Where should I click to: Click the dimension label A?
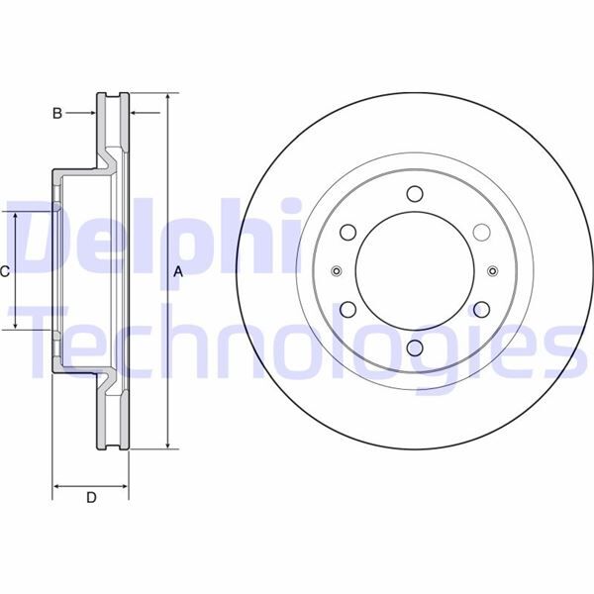click(x=179, y=271)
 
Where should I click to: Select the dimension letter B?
click(x=57, y=114)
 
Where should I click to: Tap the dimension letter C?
click(x=5, y=270)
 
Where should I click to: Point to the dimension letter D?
click(x=90, y=498)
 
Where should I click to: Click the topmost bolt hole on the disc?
click(x=415, y=194)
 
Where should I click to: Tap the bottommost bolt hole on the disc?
click(x=415, y=348)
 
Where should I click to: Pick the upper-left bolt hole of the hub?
click(x=347, y=233)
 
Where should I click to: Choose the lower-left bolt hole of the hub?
click(x=347, y=310)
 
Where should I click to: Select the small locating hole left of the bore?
click(x=337, y=271)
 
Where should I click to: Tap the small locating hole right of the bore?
click(x=493, y=271)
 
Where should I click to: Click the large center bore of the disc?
click(x=415, y=271)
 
